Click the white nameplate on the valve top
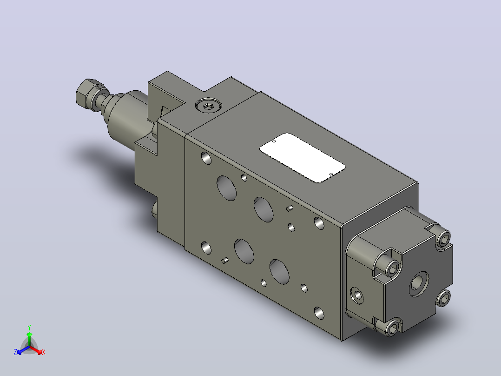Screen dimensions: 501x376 coord(302,158)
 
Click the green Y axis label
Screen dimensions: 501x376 coord(29,327)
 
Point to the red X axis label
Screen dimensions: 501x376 coord(44,352)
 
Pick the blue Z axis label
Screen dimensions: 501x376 coord(15,352)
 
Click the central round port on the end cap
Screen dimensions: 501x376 coord(419,283)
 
